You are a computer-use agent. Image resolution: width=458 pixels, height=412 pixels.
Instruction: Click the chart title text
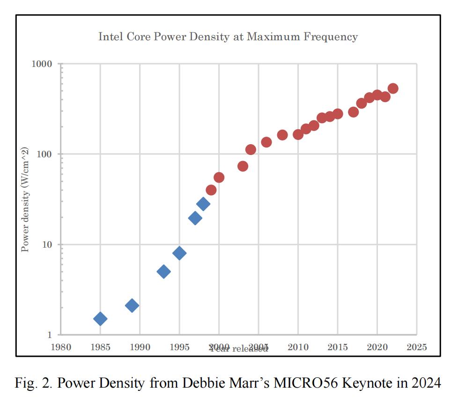(228, 37)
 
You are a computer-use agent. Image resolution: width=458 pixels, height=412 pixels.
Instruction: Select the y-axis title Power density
(26, 199)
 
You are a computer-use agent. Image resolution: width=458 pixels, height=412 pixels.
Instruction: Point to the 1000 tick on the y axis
(41, 64)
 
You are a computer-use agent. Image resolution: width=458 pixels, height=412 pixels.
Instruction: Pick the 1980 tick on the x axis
(61, 347)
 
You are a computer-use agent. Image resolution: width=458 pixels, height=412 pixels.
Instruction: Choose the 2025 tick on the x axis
(416, 347)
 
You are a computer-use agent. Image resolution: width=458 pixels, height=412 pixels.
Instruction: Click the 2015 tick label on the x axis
(338, 347)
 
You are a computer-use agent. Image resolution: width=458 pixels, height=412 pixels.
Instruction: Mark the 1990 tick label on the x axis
(140, 347)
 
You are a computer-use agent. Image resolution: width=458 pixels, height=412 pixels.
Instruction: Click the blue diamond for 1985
(100, 319)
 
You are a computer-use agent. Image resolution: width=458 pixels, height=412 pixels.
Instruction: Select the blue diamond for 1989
(132, 306)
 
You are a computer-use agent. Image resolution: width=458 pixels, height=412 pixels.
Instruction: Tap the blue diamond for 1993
(163, 272)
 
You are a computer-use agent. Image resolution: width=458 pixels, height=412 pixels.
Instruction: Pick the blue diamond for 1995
(179, 253)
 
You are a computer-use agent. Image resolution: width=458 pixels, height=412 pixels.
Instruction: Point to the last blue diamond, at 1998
(203, 204)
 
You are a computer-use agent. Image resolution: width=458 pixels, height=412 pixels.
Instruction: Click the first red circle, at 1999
(211, 190)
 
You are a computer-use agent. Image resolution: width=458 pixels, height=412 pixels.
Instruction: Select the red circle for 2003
(243, 166)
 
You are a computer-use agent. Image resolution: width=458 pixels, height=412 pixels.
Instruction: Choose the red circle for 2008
(282, 135)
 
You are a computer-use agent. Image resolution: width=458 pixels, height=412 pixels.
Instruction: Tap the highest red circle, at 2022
(393, 88)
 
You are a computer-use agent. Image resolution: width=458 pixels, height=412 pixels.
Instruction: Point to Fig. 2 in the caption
(30, 383)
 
